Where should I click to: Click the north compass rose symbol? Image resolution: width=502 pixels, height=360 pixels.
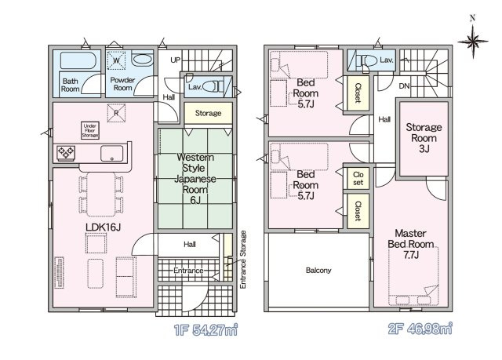pos(472,42)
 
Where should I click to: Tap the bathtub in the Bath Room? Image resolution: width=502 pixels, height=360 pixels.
pos(78,60)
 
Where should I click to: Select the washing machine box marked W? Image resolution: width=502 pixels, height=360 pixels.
pos(117,60)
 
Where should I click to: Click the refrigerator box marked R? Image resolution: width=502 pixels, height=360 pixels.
pos(116,113)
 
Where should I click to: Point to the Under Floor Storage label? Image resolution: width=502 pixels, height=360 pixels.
pos(90,130)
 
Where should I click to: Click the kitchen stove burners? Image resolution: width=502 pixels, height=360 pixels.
pos(66,152)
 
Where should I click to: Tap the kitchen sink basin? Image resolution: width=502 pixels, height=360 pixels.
pos(111,154)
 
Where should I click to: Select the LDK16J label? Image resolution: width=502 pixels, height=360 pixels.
pos(103,227)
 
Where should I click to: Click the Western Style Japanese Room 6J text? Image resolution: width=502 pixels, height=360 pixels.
pos(195,179)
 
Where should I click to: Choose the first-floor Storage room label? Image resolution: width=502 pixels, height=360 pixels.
pos(208,113)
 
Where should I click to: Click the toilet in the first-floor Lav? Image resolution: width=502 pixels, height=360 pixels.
pos(213,86)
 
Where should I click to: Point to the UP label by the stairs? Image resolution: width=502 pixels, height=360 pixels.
pos(175,60)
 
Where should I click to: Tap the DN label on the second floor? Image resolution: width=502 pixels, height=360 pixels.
pos(404,85)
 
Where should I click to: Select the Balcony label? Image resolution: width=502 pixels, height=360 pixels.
pos(318,271)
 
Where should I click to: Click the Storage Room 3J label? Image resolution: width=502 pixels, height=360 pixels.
pos(424,138)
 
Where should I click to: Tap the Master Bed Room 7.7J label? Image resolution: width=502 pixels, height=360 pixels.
pos(411,244)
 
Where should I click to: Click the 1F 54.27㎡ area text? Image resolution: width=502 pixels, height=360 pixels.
pos(206,330)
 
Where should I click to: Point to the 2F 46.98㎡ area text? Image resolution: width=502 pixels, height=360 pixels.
pos(420,329)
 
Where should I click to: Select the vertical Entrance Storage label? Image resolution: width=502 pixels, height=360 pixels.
pos(243,260)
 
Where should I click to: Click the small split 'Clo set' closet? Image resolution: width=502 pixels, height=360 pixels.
pos(358,178)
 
